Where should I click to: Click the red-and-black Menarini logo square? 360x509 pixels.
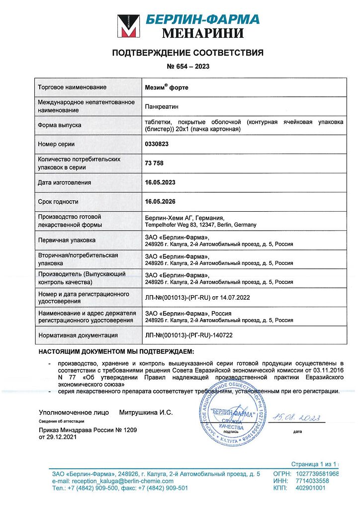pos(128,26)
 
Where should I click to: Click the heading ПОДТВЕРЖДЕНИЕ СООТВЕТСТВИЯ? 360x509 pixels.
pos(187,53)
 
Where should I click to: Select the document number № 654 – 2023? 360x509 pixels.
pos(187,67)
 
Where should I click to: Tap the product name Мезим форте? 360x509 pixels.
pos(167,87)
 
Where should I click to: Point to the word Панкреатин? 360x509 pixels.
pos(162,106)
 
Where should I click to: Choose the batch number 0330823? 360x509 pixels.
pos(157,144)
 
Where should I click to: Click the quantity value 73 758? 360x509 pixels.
pos(154,163)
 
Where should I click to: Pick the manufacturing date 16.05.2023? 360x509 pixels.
pos(160,182)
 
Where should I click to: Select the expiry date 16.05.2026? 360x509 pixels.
pos(160,202)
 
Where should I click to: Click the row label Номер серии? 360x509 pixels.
pos(56,144)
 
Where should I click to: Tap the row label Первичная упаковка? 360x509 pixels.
pos(66,240)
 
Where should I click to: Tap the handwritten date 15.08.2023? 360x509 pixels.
pos(295,417)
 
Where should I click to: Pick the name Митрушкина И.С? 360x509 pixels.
pos(146,413)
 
